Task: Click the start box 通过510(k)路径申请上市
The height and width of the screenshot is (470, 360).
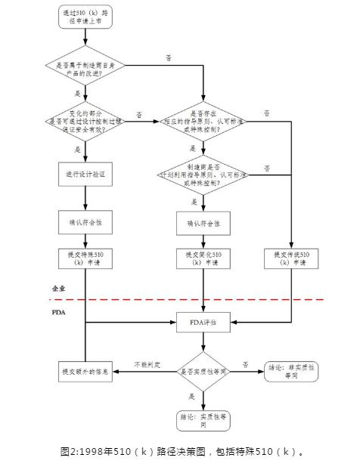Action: coord(85,17)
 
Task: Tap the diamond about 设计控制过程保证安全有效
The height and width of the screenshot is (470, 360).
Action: coord(85,119)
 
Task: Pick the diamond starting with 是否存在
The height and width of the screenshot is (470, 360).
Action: coord(203,119)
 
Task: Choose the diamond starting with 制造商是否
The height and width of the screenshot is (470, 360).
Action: coord(203,173)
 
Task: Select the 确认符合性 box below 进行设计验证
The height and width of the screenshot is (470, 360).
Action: coord(85,224)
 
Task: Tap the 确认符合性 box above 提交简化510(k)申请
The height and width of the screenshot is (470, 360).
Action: coord(203,224)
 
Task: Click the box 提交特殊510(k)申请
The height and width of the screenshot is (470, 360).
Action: coord(85,259)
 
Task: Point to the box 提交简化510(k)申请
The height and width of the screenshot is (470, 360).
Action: coord(203,259)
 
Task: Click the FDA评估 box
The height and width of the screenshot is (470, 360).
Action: coord(203,323)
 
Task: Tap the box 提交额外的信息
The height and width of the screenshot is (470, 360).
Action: coord(85,372)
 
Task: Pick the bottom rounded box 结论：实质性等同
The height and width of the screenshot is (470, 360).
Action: coord(203,420)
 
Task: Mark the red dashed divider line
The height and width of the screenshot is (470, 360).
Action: coord(189,299)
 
